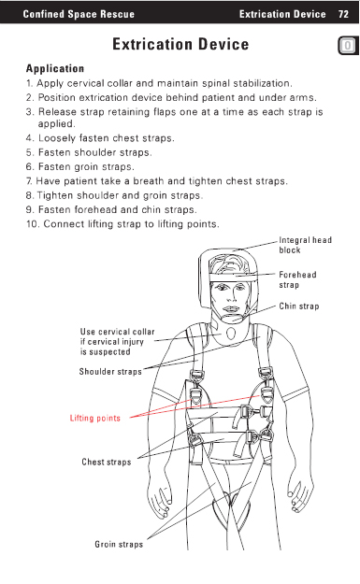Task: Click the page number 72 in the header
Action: pos(343,14)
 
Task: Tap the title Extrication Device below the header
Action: pos(180,44)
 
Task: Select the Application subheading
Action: pos(55,69)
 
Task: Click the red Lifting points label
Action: pos(95,419)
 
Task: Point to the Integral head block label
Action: pos(305,245)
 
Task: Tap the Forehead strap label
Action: pos(297,279)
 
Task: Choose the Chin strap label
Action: pos(299,306)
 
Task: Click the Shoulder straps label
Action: pos(110,372)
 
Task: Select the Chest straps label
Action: pos(107,463)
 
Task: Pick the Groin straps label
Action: pos(119,545)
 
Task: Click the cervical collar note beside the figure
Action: pos(117,342)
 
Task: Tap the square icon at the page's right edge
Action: pos(348,46)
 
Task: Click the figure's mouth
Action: pos(231,309)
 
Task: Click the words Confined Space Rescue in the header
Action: pos(79,14)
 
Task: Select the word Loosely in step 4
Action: pos(57,138)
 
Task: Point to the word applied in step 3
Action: pos(57,124)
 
